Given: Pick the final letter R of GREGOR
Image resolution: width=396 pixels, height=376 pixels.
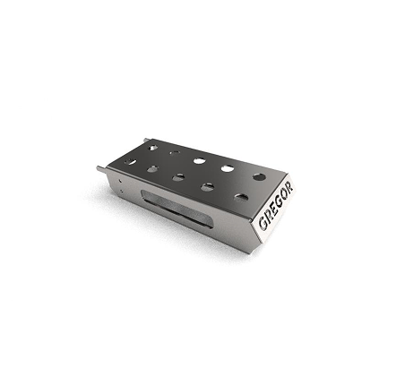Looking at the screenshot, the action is [289, 187].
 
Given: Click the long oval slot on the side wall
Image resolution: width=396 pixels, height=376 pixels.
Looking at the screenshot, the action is [177, 209].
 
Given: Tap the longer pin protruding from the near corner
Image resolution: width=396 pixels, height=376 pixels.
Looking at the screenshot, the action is [101, 169].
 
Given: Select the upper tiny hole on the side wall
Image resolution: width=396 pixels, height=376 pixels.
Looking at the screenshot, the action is [120, 181].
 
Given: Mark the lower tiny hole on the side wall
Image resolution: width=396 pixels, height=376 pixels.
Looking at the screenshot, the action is [122, 190].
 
